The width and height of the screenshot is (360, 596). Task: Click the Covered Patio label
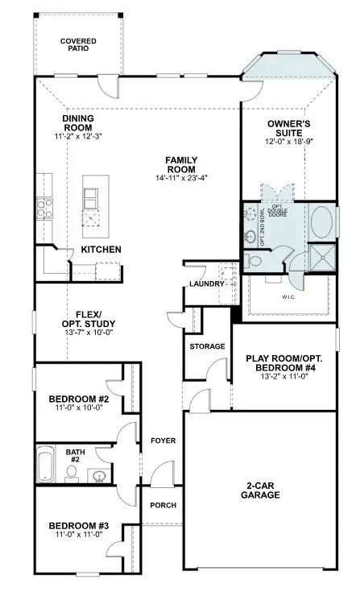[x=79, y=44]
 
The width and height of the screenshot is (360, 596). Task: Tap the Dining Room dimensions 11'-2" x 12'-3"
[x=78, y=138]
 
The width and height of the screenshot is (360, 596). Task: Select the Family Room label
[x=181, y=164]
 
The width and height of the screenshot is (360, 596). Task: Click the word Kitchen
[x=101, y=250]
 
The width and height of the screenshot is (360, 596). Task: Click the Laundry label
[x=205, y=284]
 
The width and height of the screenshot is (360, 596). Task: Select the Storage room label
[x=207, y=346]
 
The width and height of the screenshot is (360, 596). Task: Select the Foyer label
[x=163, y=441]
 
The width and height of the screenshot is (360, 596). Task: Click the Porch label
[x=163, y=505]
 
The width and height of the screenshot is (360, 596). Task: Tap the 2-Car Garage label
[x=263, y=490]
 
